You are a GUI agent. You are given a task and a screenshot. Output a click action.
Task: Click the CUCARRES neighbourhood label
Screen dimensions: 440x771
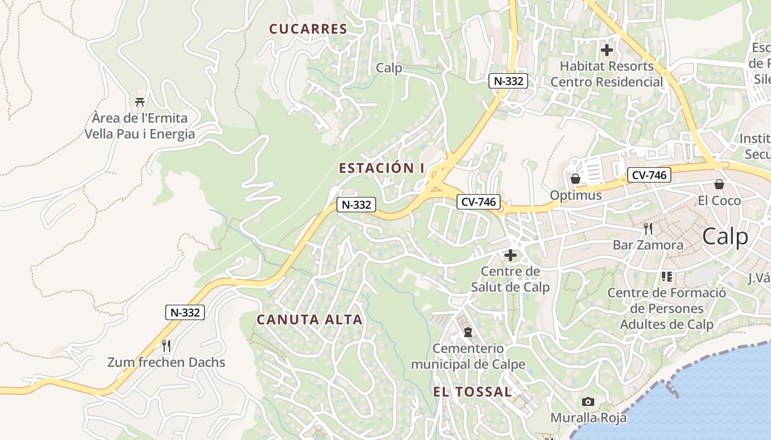point(308,29)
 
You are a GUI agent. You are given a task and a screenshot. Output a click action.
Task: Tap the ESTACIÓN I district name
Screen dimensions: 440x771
point(382,168)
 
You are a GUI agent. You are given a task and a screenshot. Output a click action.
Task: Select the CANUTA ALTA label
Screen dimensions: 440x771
point(310,320)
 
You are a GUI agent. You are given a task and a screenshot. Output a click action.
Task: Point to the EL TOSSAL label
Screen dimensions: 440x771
point(473,392)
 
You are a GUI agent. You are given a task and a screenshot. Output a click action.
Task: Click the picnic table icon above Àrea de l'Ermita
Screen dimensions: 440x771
point(140,102)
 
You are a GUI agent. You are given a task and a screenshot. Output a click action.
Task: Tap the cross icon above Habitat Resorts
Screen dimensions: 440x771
point(606,50)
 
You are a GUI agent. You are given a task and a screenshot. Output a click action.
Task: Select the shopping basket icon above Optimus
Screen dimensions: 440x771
point(575,179)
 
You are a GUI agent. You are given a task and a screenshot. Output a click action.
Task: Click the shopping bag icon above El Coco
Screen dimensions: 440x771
point(719,184)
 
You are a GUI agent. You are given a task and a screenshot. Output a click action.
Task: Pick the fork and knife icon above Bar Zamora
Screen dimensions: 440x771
point(648,228)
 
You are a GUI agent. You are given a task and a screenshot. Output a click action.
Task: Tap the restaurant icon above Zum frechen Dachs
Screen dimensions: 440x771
point(166,346)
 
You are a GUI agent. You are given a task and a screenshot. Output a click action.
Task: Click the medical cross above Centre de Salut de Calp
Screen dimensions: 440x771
point(511,255)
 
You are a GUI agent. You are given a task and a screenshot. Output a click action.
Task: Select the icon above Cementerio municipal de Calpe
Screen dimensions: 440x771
point(468,332)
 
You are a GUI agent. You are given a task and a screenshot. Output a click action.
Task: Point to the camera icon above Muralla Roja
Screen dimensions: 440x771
point(588,402)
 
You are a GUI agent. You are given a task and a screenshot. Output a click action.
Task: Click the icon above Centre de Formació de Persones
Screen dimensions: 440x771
point(666,276)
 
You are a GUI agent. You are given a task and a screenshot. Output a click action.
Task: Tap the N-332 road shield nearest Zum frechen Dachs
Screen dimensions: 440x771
point(185,312)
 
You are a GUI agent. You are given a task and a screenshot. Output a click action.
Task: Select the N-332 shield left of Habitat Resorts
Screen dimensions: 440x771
point(508,81)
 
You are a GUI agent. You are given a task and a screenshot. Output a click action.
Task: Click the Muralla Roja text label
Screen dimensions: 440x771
point(589,418)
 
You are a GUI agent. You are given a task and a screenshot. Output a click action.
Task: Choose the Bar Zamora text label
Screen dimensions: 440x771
point(648,245)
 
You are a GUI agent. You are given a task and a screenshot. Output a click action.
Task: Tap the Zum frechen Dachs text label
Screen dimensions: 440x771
point(166,362)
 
